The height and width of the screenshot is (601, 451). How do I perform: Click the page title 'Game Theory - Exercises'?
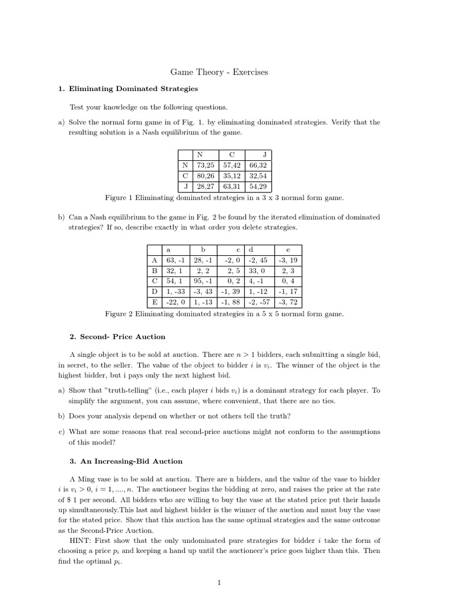point(219,72)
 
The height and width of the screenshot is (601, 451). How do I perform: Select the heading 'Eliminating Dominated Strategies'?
point(133,89)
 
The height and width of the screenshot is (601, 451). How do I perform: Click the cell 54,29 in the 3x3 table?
point(258,186)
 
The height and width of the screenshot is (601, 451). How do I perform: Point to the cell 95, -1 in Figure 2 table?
point(203,281)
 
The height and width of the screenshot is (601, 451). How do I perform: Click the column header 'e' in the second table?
point(288,249)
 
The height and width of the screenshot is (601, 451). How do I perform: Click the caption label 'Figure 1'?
point(119,198)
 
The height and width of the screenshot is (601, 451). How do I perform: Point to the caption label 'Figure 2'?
point(119,313)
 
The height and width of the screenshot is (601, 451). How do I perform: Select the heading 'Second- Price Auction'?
point(123,337)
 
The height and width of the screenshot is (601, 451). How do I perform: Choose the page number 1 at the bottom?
point(219,582)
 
